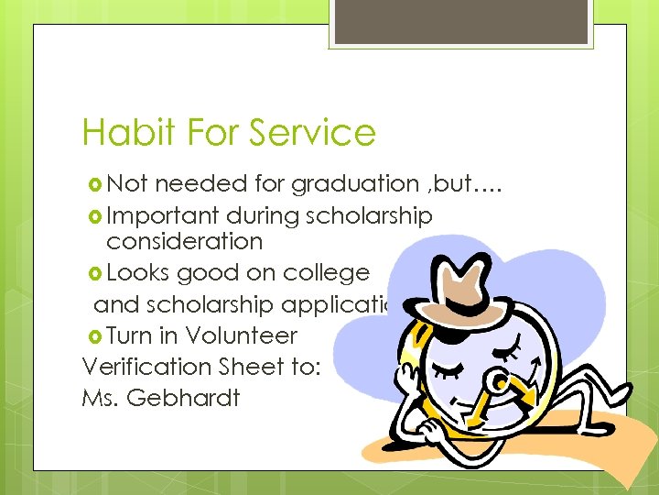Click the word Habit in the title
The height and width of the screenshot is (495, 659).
[116, 133]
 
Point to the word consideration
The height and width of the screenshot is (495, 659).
[184, 242]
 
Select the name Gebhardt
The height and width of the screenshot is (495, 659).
[186, 399]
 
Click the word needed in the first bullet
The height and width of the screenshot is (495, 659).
[201, 184]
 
